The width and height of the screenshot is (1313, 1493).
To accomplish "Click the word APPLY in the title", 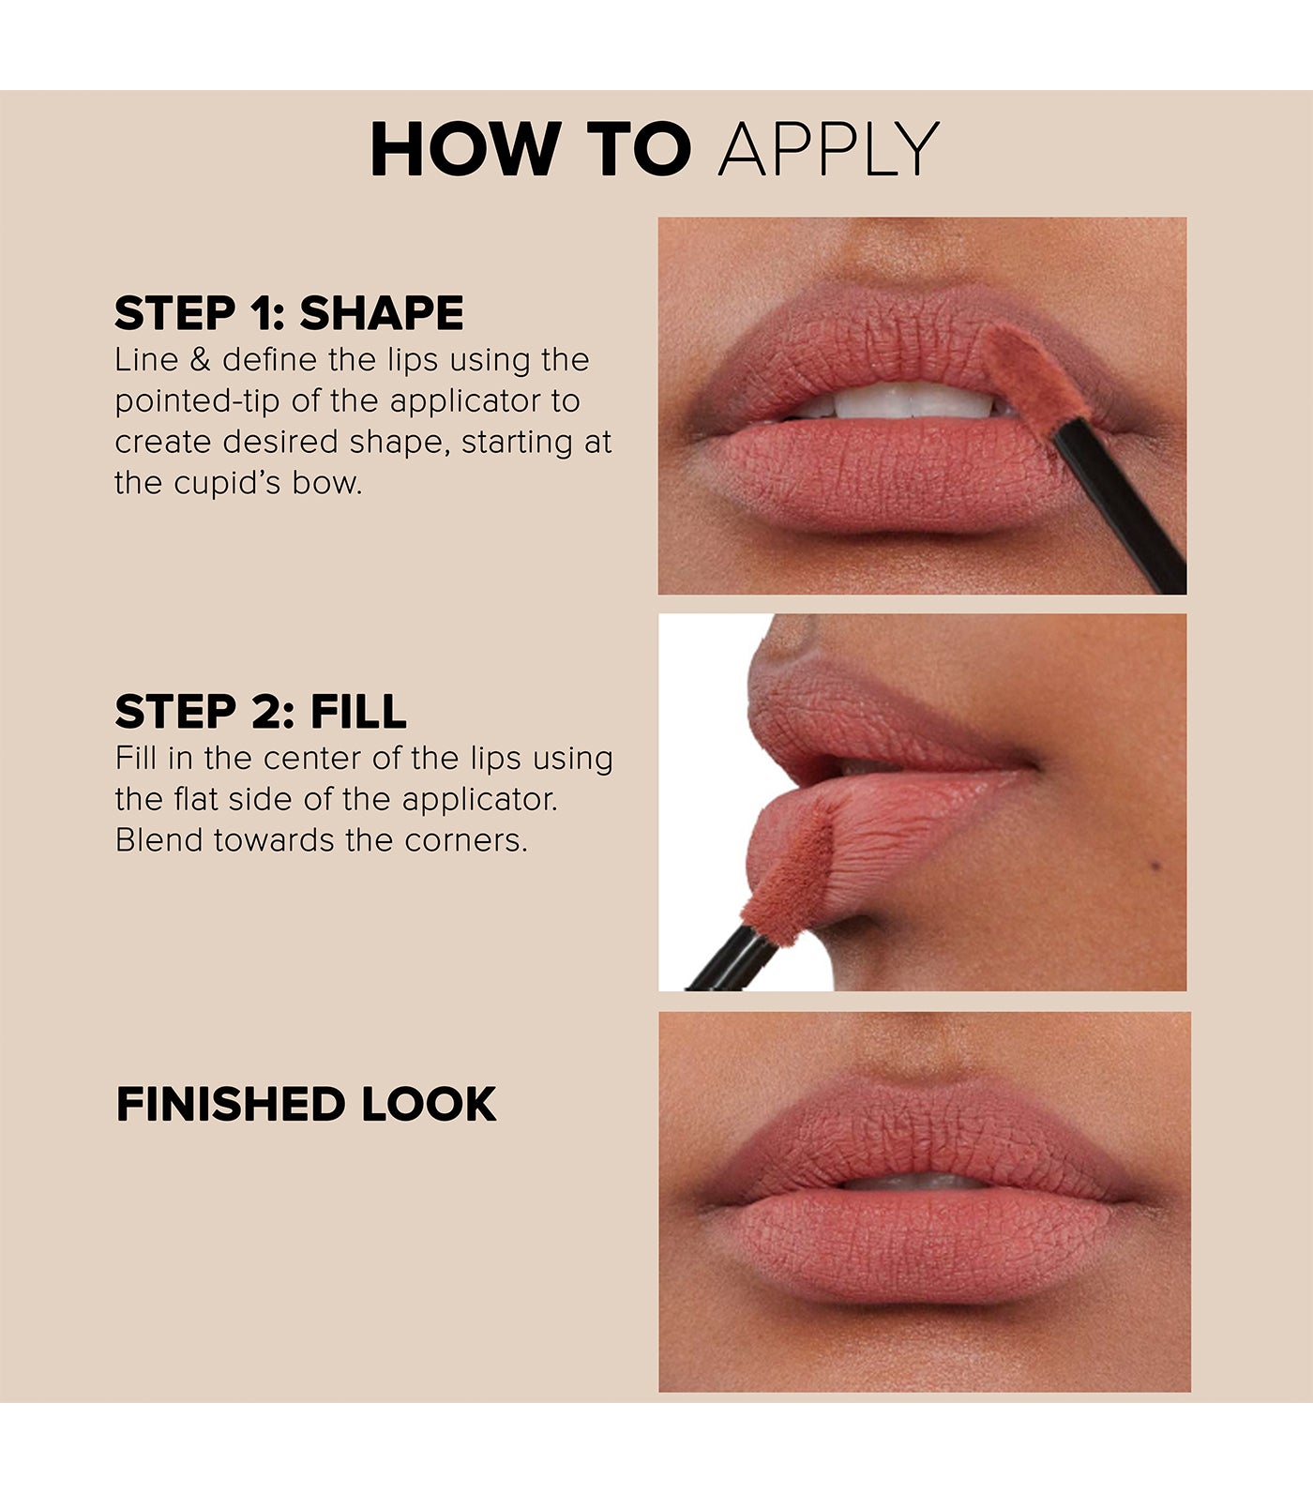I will coord(829,150).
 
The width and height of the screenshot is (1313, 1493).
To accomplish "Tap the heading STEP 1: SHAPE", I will coord(289,313).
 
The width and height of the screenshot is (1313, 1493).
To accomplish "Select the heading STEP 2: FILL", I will coord(261,712).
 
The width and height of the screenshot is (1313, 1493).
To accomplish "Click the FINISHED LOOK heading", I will coord(306,1105).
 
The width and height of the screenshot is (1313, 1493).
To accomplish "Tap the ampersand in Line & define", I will coord(200,360).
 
